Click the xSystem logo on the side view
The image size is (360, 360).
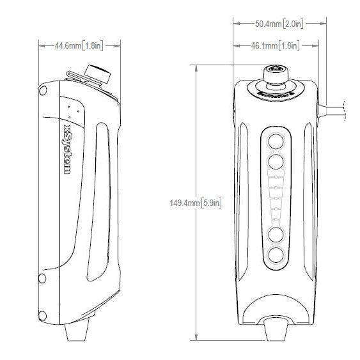(x=67, y=150)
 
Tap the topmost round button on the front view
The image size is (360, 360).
(x=276, y=140)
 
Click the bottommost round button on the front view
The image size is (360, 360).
(x=276, y=256)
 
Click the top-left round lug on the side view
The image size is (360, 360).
(x=42, y=91)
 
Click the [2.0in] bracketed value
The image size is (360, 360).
(x=293, y=24)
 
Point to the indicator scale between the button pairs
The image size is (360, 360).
(x=276, y=198)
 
